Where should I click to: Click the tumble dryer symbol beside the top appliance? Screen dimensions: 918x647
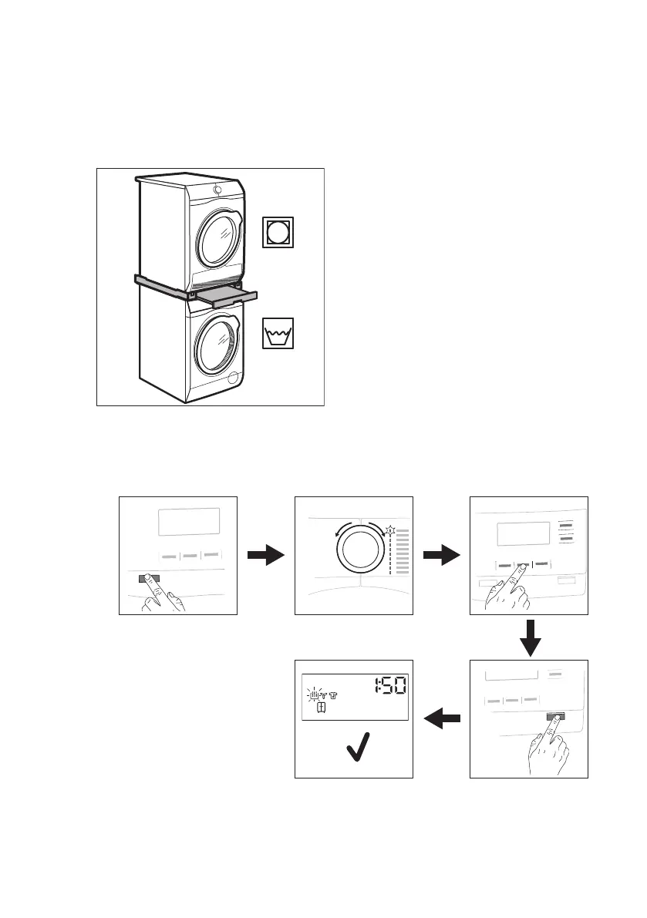[x=278, y=232]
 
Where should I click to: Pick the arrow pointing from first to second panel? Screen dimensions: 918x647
[x=265, y=555]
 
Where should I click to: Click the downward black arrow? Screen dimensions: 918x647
[x=529, y=637]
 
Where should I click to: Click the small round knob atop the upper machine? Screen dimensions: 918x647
[x=217, y=190]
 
